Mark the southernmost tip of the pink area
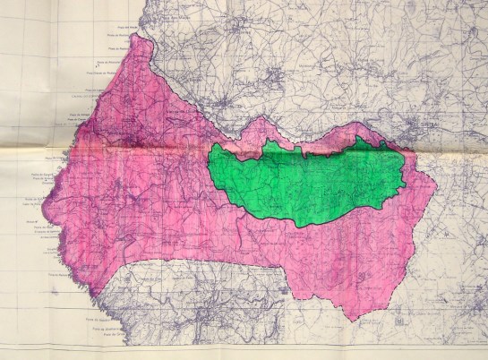359,319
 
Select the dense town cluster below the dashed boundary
215,313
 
